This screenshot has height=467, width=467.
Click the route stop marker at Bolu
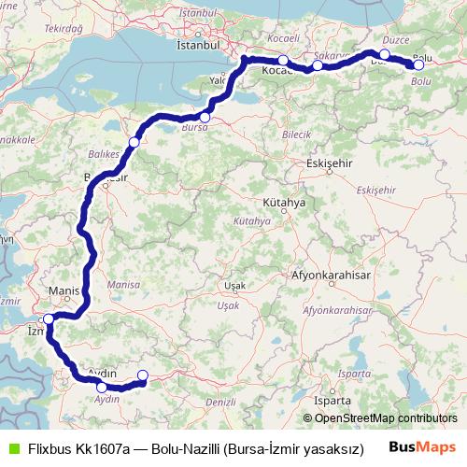(419, 64)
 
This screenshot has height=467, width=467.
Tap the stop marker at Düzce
(385, 54)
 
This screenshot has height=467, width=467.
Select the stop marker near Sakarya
(318, 65)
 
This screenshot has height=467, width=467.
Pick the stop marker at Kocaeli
(283, 61)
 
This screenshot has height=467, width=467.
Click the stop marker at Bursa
(205, 118)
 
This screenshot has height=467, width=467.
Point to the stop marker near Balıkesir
(134, 142)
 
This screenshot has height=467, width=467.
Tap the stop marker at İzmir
(49, 318)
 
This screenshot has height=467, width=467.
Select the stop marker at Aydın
(101, 386)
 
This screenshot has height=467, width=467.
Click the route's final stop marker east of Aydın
(142, 375)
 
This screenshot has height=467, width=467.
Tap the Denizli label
(220, 401)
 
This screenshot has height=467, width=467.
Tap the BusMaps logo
(423, 446)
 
